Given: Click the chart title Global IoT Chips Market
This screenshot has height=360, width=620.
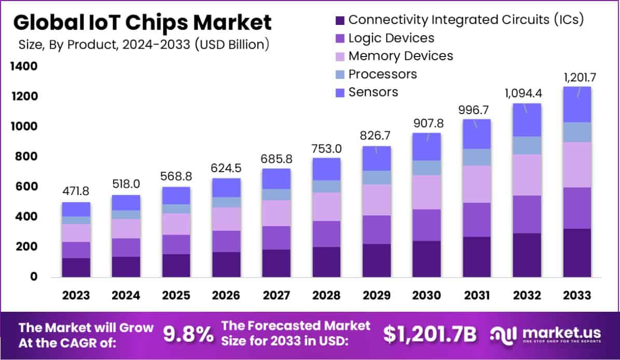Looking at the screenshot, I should [x=142, y=23].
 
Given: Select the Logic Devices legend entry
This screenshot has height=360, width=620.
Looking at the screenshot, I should [x=391, y=38].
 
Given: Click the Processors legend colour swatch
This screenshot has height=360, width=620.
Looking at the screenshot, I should [x=340, y=74].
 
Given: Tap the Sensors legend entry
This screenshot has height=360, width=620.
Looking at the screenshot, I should [x=373, y=92].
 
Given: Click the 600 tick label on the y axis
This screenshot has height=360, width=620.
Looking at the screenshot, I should [x=25, y=187].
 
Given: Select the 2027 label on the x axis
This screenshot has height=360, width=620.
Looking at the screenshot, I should [x=277, y=295].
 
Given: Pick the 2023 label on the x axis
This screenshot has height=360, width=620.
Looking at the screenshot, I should [x=76, y=295].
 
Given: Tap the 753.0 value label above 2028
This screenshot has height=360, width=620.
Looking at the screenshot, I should [x=326, y=146].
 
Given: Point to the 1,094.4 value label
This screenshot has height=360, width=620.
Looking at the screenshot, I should [x=527, y=93].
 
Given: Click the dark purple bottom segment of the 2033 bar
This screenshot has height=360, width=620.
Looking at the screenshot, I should [x=577, y=253].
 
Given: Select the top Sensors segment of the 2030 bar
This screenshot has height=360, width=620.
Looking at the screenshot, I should [x=426, y=147].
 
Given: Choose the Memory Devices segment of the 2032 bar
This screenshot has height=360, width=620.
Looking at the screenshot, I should [x=527, y=175].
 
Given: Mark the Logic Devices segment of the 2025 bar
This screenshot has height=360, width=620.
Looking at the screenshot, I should [x=176, y=244].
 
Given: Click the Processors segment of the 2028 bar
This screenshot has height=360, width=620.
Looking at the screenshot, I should [x=326, y=187].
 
